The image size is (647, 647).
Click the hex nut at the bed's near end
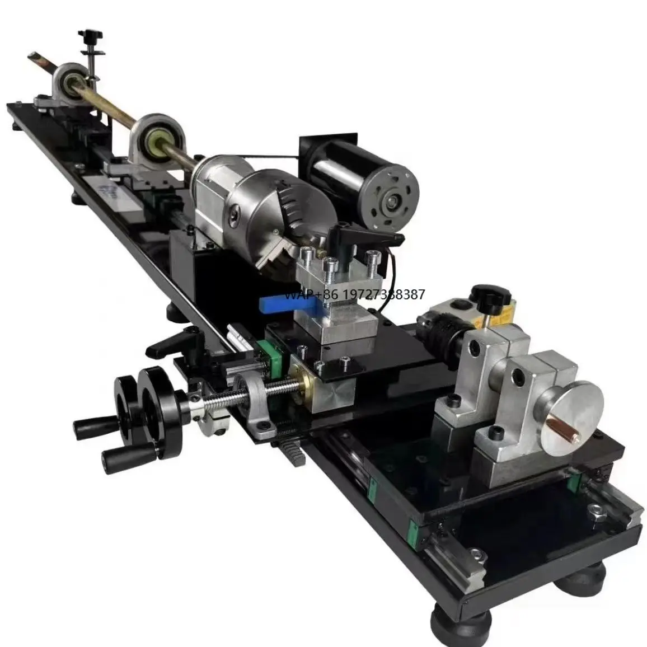click(595, 510)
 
